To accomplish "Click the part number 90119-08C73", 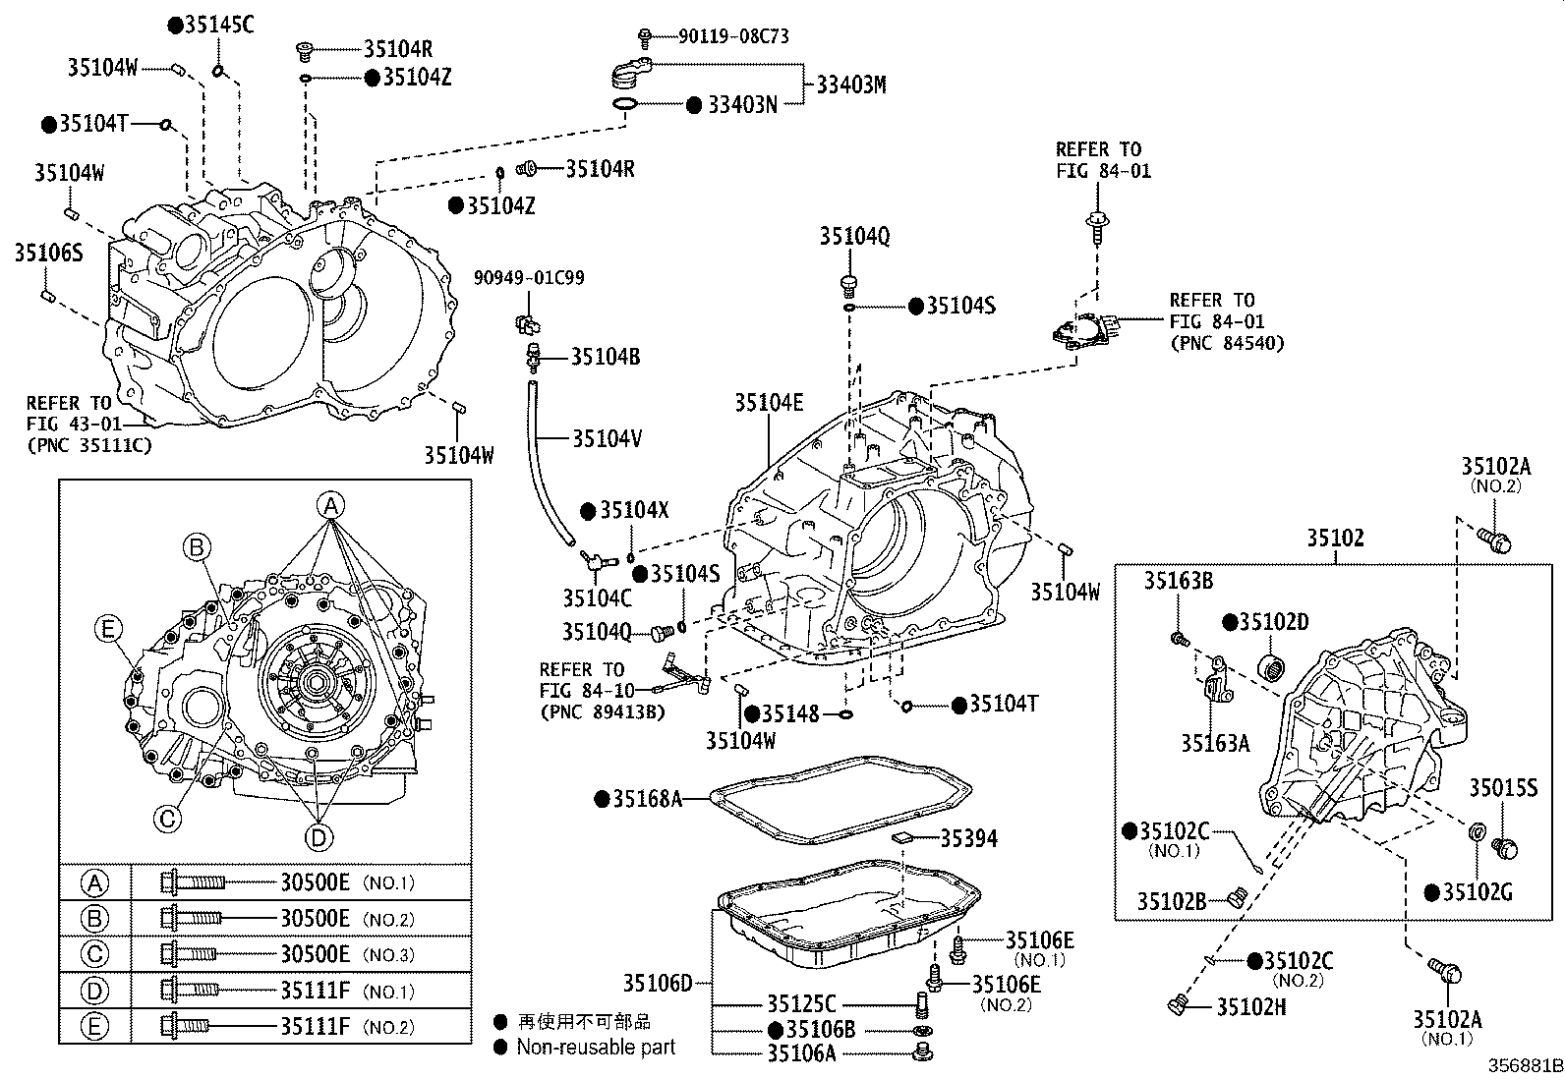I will tap(733, 36).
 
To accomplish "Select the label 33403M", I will tap(850, 85).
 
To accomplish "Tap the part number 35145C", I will tap(219, 26).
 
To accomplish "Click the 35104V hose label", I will tap(607, 438).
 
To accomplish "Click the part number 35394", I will tap(968, 838).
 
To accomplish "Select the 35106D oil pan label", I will tap(657, 982).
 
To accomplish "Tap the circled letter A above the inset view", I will tap(331, 506).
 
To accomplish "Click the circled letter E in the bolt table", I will tap(94, 1027).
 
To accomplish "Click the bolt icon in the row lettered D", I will tap(189, 991).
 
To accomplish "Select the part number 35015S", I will tap(1503, 787).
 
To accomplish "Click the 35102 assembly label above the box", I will tap(1335, 539).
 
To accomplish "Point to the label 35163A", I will tap(1215, 743).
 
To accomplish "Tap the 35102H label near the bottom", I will tap(1251, 1006).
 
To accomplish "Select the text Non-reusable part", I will tap(596, 1048).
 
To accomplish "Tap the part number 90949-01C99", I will tap(529, 278).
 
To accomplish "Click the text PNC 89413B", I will tap(602, 711).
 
